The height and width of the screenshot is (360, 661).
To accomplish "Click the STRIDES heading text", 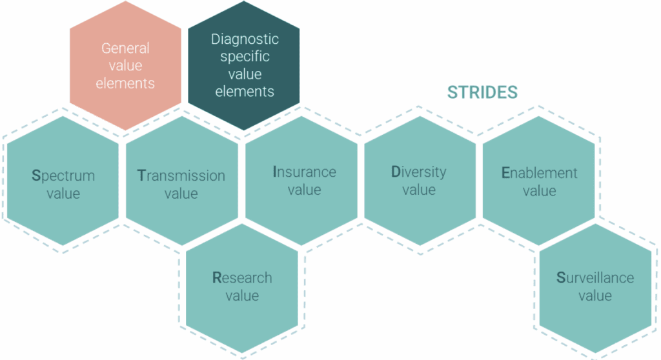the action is pos(482,92).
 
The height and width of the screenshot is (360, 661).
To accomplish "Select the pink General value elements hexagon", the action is pos(126,66).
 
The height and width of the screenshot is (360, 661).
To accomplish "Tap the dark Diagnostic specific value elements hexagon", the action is pos(243,66).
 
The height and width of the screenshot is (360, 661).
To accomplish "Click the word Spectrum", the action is pos(63,175).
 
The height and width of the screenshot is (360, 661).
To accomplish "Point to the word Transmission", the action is pos(181,175).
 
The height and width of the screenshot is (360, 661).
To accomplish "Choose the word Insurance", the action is pos(305,172).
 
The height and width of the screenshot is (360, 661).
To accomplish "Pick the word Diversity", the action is pos(418,172).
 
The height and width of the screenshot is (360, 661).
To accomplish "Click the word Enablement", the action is pos(539,173).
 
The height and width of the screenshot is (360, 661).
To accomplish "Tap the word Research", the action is pos(242,278).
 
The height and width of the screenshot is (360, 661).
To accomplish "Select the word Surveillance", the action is pos(595,278).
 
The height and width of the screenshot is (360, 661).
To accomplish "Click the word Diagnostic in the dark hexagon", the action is pos(245,39).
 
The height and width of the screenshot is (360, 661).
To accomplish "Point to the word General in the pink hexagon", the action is pos(125,48).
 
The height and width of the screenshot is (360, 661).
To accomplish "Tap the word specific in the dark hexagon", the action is pos(245,57).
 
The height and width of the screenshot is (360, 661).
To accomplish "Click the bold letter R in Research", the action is pos(217,278).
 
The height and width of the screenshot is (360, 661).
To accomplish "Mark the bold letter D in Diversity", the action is pos(396,172).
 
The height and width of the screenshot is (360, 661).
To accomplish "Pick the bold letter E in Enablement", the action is pos(505,173).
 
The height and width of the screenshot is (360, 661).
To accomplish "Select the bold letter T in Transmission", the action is pos(141,175).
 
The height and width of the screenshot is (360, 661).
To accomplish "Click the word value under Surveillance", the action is pos(595,295).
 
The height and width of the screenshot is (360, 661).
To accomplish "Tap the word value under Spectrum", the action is pos(63,194).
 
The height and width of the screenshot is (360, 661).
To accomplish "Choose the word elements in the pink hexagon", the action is pos(125,83).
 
